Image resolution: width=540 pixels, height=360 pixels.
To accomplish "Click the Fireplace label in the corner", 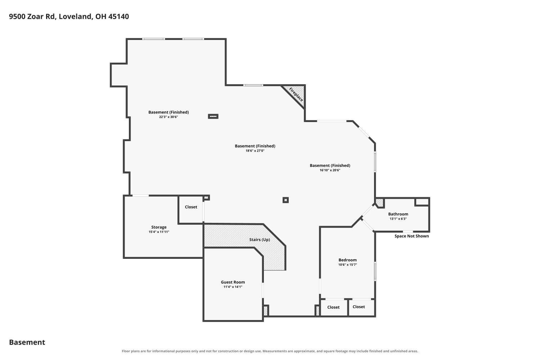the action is pos(296,94).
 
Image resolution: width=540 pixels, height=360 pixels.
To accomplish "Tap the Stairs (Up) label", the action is pos(260,239).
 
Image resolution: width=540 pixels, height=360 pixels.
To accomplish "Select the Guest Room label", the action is pos(233,282).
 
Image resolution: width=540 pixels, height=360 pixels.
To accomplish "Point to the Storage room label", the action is pos(159,227).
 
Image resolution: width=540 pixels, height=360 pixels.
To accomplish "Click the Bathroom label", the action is pos(398,214).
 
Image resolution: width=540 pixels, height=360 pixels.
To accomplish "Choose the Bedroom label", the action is pos(347,260).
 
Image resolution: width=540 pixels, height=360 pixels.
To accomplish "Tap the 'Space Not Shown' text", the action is pos(411,236).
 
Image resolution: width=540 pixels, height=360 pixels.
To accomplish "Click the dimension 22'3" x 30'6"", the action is pos(168,117).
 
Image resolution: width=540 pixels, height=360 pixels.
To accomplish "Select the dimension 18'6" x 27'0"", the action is pos(255,151).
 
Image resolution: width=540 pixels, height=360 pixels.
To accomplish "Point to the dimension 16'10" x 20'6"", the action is pos(330,170).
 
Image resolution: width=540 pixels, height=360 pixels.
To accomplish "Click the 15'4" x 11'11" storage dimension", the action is pos(159,232).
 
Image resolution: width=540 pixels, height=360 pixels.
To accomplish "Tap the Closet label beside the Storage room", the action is pos(191,207).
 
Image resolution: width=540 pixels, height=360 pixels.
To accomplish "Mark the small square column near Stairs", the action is pos(285,200).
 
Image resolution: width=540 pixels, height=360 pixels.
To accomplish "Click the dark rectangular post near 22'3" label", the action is pos(213,117).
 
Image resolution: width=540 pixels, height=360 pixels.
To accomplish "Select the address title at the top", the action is pos(69,17).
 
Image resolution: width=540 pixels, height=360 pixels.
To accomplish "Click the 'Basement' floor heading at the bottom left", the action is pos(27,342).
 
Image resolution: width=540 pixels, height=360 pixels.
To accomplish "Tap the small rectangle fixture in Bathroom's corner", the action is pos(422,202).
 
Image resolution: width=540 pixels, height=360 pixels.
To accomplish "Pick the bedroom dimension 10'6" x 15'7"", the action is pos(347,265).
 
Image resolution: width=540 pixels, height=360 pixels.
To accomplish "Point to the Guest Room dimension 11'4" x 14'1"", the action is pos(233,287).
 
